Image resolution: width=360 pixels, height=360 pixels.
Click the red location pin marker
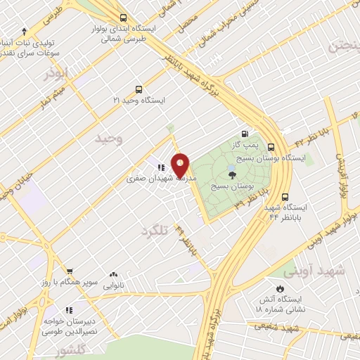[181, 166]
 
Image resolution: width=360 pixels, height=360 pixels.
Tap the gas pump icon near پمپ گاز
[244, 134]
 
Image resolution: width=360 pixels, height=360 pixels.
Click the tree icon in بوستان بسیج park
[233, 174]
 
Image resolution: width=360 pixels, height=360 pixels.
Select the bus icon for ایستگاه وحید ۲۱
[139, 90]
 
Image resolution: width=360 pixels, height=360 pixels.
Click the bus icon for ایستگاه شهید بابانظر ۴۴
[285, 198]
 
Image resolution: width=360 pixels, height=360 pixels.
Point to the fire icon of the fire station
[281, 288]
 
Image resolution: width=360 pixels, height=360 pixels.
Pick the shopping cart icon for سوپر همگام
[70, 271]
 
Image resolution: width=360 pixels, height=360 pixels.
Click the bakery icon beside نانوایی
[114, 275]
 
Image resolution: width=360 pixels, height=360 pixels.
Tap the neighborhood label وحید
[110, 139]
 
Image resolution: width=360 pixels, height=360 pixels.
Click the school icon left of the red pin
[161, 168]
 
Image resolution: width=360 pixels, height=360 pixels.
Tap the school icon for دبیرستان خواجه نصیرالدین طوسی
[69, 309]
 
